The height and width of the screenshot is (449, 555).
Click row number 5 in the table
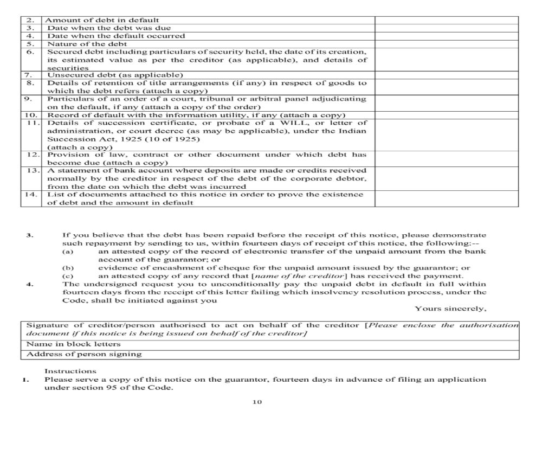click(31, 44)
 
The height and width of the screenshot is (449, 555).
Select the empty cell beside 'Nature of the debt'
click(446, 44)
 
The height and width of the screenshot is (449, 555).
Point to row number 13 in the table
click(31, 170)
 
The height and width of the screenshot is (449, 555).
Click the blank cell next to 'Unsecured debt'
click(446, 75)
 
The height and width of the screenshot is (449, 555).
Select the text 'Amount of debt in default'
click(103, 20)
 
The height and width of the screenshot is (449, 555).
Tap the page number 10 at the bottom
click(257, 402)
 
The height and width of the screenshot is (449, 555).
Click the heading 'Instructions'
click(70, 371)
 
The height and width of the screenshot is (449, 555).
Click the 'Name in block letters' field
click(74, 344)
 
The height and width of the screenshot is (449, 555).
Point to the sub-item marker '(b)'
click(68, 268)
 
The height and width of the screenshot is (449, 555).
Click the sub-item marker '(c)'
click(68, 276)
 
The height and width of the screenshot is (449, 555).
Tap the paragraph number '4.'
click(30, 284)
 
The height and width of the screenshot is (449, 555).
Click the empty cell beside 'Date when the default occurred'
click(446, 36)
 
